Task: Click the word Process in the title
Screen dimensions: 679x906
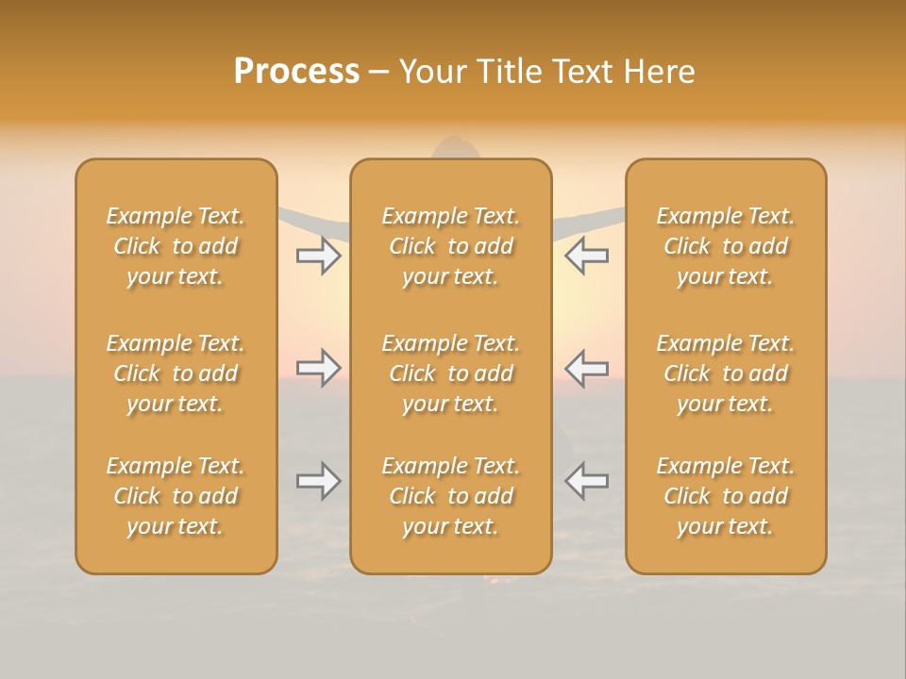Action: pyautogui.click(x=296, y=72)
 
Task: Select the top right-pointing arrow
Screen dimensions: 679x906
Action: pyautogui.click(x=318, y=256)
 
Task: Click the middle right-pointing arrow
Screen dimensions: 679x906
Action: pyautogui.click(x=318, y=368)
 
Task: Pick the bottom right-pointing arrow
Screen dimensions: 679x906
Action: pyautogui.click(x=318, y=481)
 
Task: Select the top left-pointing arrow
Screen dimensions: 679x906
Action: pyautogui.click(x=587, y=256)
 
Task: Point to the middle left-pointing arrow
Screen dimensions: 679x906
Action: pyautogui.click(x=587, y=368)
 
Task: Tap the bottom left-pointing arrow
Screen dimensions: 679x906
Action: pyautogui.click(x=587, y=481)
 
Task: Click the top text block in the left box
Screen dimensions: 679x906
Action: pyautogui.click(x=176, y=246)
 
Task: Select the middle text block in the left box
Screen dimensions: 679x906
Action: pyautogui.click(x=176, y=373)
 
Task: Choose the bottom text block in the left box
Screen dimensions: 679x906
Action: pyautogui.click(x=176, y=496)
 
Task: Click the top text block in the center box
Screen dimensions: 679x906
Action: pyautogui.click(x=451, y=246)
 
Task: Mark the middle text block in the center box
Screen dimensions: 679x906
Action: pyautogui.click(x=451, y=373)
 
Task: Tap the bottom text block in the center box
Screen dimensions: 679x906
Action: pyautogui.click(x=451, y=496)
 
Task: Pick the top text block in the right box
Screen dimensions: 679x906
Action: pyautogui.click(x=726, y=246)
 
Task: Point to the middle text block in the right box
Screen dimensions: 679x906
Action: pyautogui.click(x=726, y=373)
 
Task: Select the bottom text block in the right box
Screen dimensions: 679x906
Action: pyautogui.click(x=726, y=496)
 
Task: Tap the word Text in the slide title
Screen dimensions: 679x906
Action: pyautogui.click(x=584, y=72)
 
